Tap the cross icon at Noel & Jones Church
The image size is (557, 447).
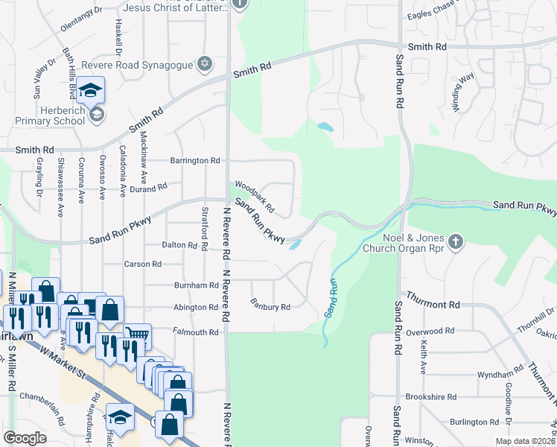point(456,242)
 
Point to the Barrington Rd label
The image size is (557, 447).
point(195,160)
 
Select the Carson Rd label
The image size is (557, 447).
point(143,264)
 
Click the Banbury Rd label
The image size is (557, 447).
point(270,305)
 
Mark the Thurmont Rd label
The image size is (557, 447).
point(430,305)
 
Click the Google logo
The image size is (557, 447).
point(25,438)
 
